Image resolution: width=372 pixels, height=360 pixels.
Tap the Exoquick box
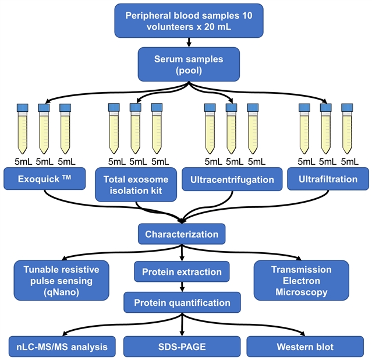click(x=44, y=179)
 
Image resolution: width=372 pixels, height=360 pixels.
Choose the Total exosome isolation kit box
click(x=136, y=185)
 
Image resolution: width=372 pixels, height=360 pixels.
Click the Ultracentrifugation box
click(x=232, y=179)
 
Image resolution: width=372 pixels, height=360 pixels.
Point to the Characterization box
click(x=182, y=235)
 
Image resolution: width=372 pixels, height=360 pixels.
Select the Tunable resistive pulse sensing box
click(x=61, y=280)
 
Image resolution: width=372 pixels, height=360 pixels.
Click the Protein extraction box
click(x=182, y=271)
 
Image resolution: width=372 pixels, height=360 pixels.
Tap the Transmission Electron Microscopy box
click(x=302, y=280)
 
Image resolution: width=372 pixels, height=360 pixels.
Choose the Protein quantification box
click(x=182, y=302)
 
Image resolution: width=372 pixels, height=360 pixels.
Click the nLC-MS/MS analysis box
click(x=58, y=347)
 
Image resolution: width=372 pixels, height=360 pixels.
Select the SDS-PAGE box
click(x=182, y=347)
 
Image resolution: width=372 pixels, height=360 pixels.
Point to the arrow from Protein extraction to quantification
click(x=182, y=287)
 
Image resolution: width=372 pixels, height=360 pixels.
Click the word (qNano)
click(x=61, y=291)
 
